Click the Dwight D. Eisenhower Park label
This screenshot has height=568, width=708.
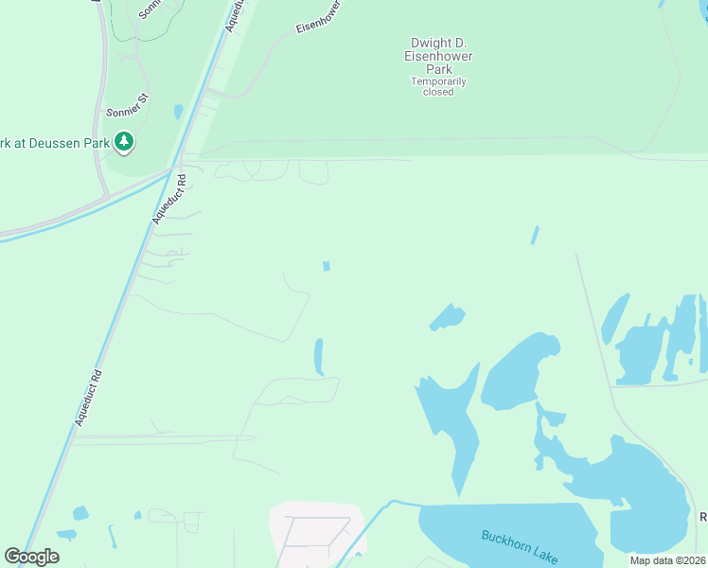pos(441,56)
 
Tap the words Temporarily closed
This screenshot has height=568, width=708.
pos(438,86)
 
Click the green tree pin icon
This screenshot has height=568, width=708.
pos(123,143)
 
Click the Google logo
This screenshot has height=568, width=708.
pos(31,557)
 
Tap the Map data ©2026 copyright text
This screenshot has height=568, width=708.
pos(667,560)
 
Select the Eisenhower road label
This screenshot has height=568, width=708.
pos(318,17)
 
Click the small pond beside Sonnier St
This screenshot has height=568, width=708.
pos(178,112)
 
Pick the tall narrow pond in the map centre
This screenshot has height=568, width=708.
pos(319,357)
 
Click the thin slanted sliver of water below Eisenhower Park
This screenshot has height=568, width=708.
pos(535,235)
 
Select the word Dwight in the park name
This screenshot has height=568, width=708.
pos(427,43)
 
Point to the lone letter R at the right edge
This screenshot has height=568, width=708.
pos(703,517)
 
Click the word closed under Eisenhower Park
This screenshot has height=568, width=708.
pos(438,92)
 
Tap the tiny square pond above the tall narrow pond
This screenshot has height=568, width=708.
pos(327,267)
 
